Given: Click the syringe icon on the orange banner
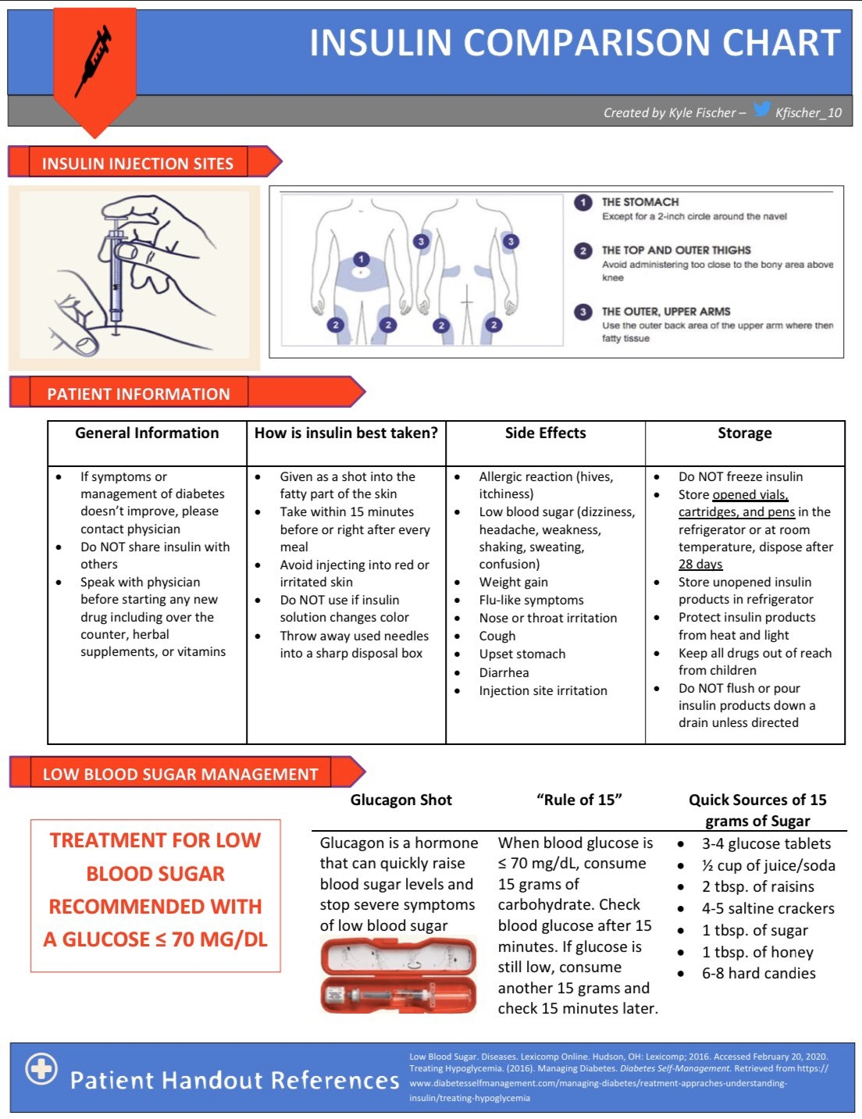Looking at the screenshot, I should [x=93, y=61].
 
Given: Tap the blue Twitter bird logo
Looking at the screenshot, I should [x=762, y=110].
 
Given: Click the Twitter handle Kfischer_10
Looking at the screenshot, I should [x=808, y=112].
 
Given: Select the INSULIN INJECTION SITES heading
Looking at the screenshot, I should [x=137, y=163].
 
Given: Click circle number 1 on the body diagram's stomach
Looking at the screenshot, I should [x=361, y=259].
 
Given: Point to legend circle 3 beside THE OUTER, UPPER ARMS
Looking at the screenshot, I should [x=583, y=312].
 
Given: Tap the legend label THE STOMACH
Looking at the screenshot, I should [x=639, y=201].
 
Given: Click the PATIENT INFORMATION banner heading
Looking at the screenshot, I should [x=138, y=394].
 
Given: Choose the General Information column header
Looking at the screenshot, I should [x=147, y=433].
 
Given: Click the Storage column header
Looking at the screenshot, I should [x=744, y=433].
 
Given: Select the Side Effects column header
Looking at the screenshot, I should [x=545, y=433].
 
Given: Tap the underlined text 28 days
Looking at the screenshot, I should [x=700, y=564].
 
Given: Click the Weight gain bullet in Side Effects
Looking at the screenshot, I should [x=513, y=582].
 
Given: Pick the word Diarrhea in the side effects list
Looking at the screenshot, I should [x=504, y=672].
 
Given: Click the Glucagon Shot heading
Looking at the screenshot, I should [x=401, y=800].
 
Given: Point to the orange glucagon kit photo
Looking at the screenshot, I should [x=398, y=975].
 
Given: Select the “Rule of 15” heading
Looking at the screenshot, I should [x=579, y=800].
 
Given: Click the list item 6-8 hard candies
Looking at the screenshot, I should [x=758, y=973].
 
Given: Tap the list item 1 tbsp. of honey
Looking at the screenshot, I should [x=757, y=952].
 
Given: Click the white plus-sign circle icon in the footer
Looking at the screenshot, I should [x=41, y=1069].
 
